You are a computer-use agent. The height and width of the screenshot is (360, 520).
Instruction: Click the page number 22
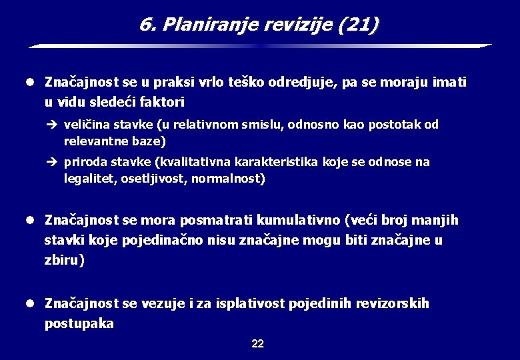pyautogui.click(x=258, y=344)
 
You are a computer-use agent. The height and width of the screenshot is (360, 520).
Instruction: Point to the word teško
pyautogui.click(x=247, y=83)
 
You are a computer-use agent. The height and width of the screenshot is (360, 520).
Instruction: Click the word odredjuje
pyautogui.click(x=302, y=83)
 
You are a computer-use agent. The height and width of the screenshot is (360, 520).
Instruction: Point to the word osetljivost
pyautogui.click(x=147, y=179)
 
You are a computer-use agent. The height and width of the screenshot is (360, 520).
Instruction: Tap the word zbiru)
pyautogui.click(x=65, y=260)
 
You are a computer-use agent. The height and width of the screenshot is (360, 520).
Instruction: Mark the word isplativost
pyautogui.click(x=252, y=304)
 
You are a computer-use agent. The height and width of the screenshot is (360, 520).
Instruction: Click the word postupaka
pyautogui.click(x=79, y=324)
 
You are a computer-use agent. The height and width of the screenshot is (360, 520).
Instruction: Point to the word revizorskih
pyautogui.click(x=391, y=304)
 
